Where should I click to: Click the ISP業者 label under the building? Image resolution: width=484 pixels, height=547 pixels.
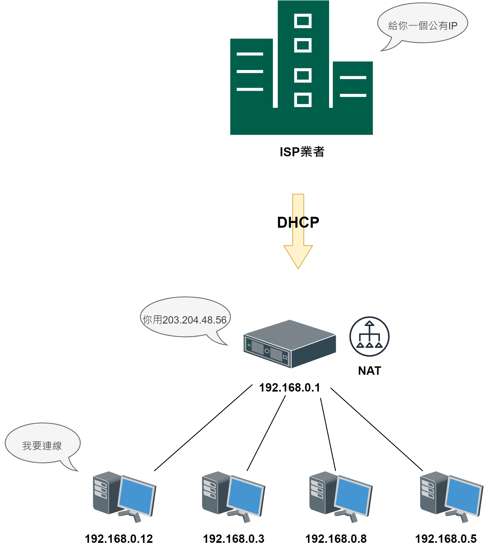pyautogui.click(x=302, y=152)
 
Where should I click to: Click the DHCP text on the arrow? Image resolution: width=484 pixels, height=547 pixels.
pyautogui.click(x=298, y=223)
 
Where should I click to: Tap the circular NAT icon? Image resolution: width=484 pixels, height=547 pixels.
pyautogui.click(x=369, y=336)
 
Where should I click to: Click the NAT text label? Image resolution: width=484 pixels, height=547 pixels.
pyautogui.click(x=369, y=371)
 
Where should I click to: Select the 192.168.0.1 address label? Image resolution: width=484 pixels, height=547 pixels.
pyautogui.click(x=289, y=388)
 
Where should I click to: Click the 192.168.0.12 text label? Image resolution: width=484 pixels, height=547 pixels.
pyautogui.click(x=119, y=539)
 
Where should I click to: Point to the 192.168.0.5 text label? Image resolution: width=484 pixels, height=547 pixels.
pyautogui.click(x=446, y=539)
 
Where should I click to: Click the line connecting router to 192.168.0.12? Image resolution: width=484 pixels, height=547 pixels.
pyautogui.click(x=203, y=428)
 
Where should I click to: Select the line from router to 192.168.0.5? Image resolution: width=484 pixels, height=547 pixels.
pyautogui.click(x=377, y=429)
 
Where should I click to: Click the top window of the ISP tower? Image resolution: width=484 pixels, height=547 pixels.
pyautogui.click(x=303, y=21)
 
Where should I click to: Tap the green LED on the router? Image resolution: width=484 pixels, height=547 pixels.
pyautogui.click(x=249, y=345)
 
